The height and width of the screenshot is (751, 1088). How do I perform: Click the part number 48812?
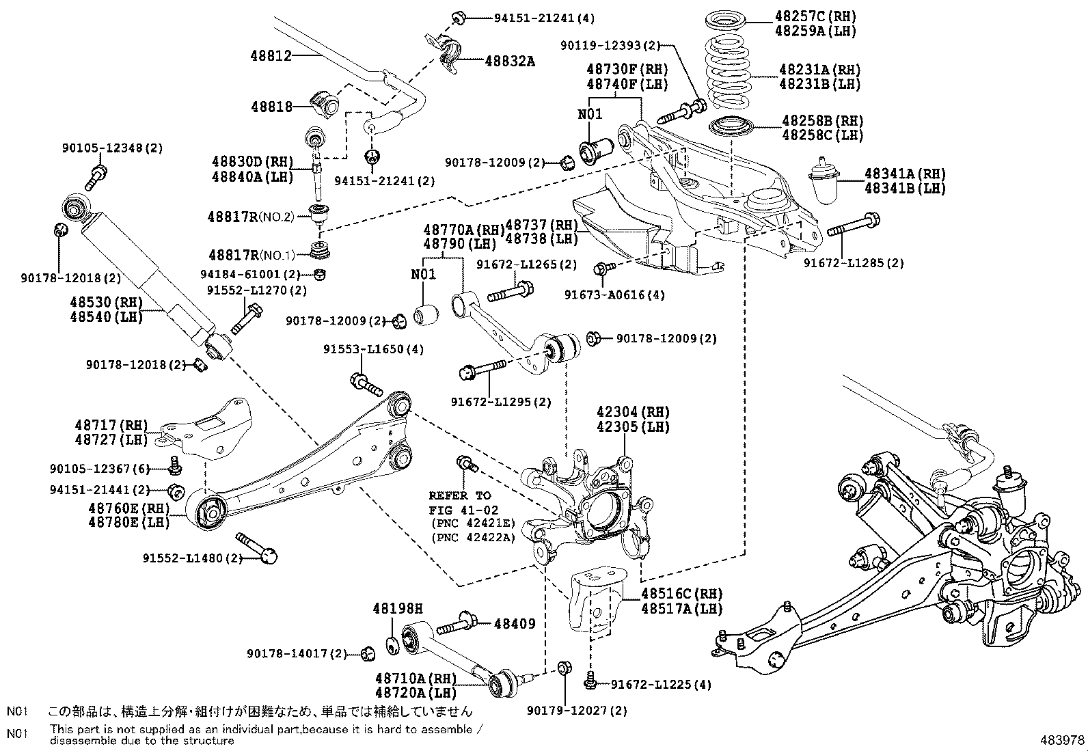tap(273, 55)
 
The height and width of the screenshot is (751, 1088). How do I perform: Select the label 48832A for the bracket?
tap(509, 61)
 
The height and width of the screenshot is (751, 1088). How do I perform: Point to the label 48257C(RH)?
tap(815, 16)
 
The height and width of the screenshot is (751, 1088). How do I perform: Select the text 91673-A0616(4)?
tap(614, 295)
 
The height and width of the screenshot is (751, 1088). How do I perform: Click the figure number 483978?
tap(1061, 740)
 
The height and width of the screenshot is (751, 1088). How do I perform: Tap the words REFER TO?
tap(459, 495)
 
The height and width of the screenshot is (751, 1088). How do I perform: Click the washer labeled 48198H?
tap(393, 644)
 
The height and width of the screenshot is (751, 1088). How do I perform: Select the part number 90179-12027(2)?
tap(577, 711)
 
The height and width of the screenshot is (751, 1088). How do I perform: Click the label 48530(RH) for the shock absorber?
tap(103, 301)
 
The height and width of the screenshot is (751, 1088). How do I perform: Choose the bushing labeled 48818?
tap(325, 102)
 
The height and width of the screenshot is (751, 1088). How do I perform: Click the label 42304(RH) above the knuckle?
tap(633, 412)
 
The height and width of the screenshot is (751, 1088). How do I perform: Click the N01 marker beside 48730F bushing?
tap(590, 114)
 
